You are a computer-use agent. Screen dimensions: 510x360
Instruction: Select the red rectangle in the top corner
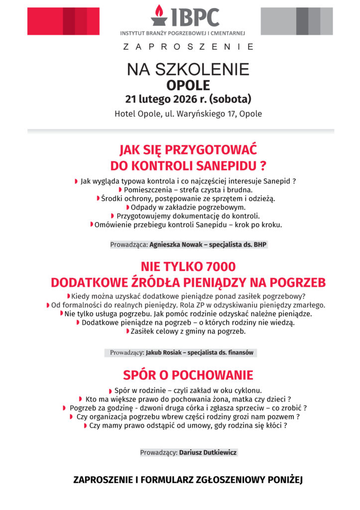click(x=63, y=21)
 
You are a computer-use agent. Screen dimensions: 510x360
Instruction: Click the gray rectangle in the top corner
click(x=297, y=21)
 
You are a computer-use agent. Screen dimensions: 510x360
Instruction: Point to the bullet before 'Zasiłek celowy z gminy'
click(x=127, y=331)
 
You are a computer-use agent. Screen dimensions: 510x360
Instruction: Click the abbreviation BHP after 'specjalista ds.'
click(x=260, y=245)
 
